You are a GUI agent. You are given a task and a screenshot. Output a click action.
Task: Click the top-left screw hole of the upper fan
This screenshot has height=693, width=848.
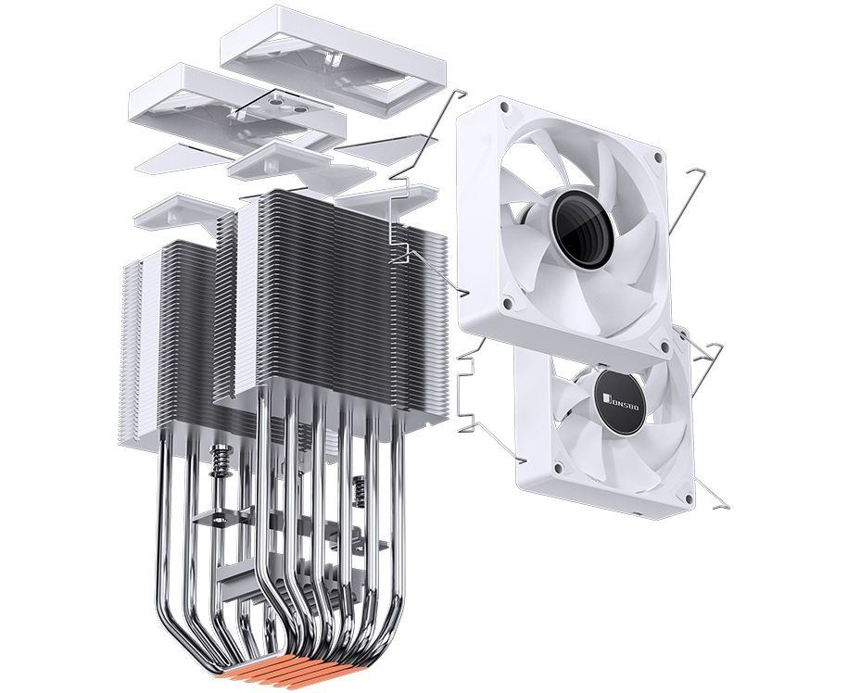504,107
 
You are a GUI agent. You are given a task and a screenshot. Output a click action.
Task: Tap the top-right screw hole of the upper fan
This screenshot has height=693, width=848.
657,157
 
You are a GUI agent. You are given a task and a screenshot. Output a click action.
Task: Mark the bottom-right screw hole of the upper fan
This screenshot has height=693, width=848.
664,346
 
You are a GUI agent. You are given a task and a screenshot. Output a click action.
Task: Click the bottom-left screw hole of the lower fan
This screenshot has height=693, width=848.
559,465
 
